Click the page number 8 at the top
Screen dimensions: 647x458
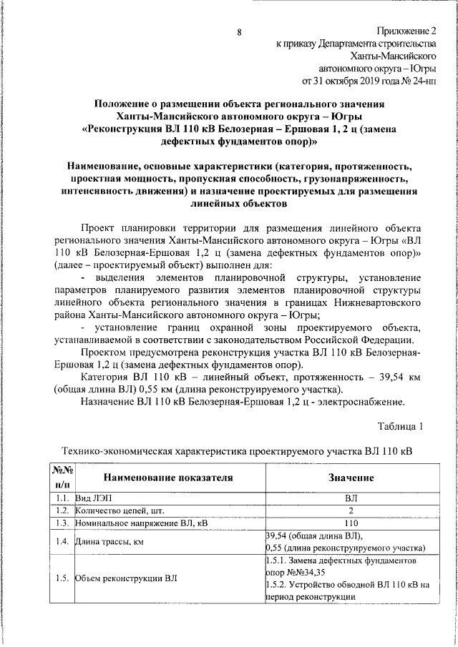click(x=239, y=32)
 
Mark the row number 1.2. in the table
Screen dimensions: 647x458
click(x=61, y=510)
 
